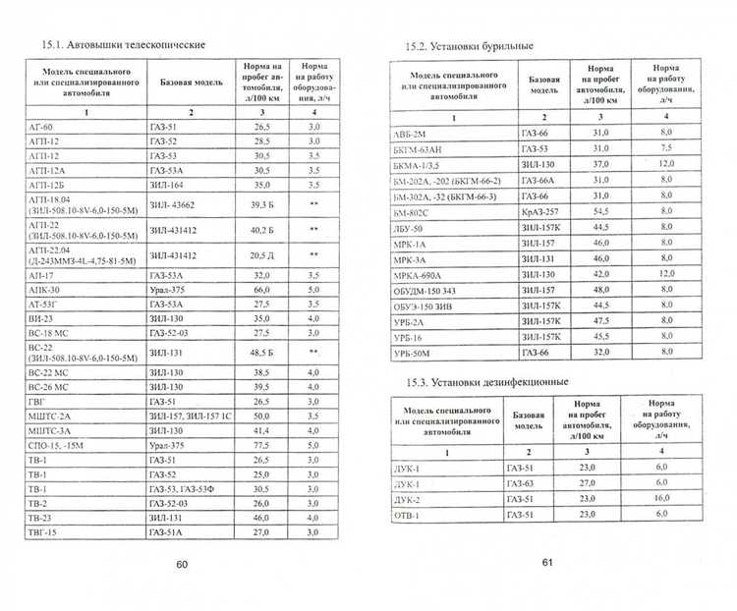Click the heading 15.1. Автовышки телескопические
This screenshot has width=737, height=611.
(x=122, y=45)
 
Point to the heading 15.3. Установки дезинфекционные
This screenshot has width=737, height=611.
(x=487, y=381)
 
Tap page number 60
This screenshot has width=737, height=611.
(x=181, y=564)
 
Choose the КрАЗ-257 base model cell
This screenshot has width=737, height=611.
(x=542, y=211)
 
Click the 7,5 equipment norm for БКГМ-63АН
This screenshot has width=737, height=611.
(x=664, y=148)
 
